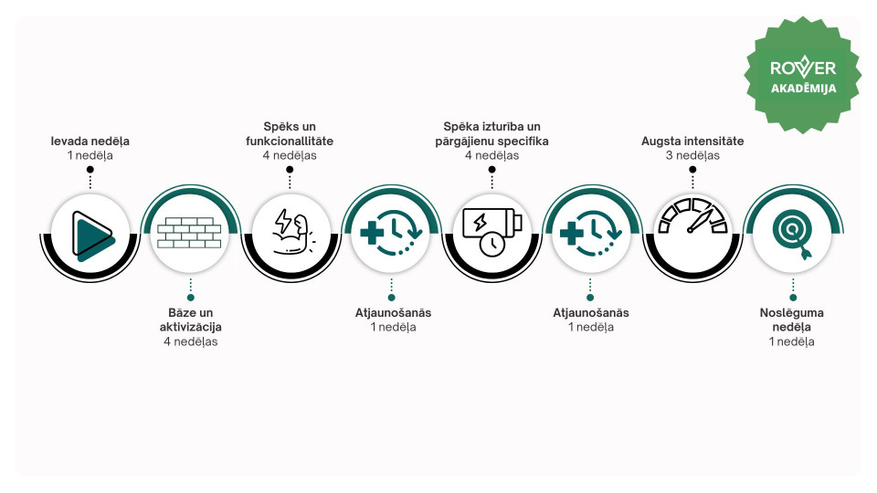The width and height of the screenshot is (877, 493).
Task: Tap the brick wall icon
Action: pos(189,233)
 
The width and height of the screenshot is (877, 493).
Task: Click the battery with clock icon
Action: pos(492,232)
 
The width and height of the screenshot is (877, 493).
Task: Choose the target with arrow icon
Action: pos(793,234)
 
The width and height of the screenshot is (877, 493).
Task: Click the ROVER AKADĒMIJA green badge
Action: pos(803,75)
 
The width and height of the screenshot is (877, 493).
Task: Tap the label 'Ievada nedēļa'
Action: pos(90,141)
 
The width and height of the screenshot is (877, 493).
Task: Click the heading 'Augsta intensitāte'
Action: pos(692,141)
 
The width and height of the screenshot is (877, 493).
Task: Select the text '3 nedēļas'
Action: pos(692,155)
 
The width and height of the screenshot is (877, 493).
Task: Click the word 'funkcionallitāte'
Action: pos(290,141)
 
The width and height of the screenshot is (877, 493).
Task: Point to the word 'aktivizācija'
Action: pos(191,327)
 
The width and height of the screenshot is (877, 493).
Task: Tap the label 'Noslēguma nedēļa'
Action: pos(791,320)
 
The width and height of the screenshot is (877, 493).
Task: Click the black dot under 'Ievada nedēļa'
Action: pos(90,170)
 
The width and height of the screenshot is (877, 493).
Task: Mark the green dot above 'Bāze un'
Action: pos(191,298)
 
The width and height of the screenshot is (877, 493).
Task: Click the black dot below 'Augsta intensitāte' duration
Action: pos(692,170)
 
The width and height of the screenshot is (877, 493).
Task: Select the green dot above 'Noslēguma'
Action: pos(793,298)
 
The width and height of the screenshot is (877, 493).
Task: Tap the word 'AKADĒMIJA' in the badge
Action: pos(803,89)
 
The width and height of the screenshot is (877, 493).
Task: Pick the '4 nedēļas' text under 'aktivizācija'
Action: pos(191,341)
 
